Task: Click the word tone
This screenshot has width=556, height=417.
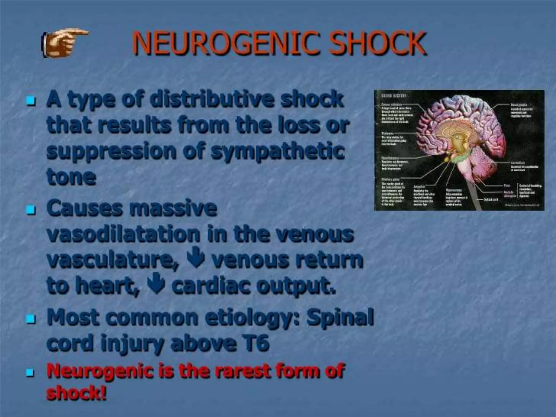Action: coord(71,177)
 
